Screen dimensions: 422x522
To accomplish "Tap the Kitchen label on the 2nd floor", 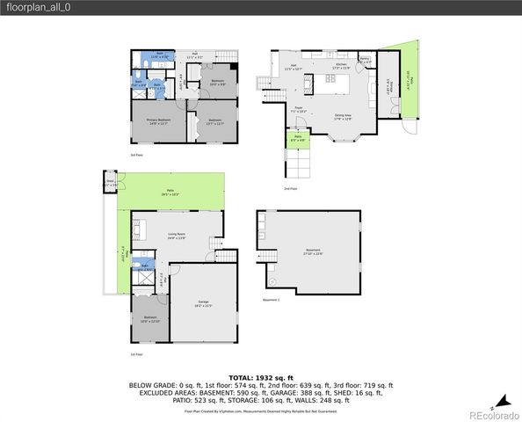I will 343,65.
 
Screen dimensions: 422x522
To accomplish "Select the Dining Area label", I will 343,115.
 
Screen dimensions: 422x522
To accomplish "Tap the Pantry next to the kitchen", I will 366,61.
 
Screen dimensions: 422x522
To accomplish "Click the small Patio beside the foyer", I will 298,137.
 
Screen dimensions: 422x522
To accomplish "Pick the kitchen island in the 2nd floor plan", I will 333,82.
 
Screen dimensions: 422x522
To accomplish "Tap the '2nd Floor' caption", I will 291,188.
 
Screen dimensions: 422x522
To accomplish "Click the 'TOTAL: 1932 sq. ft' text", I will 261,376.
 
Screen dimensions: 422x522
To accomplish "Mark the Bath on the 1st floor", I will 143,265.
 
